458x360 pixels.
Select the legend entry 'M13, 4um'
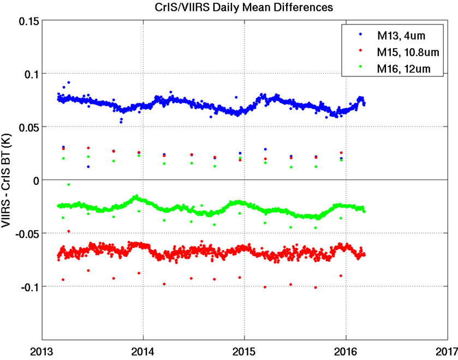(401, 37)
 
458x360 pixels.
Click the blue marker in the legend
(361, 35)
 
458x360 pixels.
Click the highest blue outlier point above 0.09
(68, 82)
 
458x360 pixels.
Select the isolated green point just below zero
(68, 184)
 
